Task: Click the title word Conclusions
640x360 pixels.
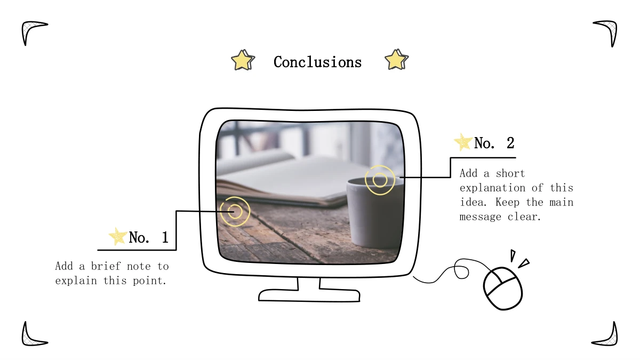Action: (x=317, y=62)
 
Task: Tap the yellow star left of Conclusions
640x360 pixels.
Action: (x=243, y=60)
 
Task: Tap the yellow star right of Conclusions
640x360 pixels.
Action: (x=396, y=59)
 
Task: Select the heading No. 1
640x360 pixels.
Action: (x=148, y=237)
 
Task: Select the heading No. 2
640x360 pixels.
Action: (x=494, y=143)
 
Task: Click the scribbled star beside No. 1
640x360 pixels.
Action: (x=118, y=237)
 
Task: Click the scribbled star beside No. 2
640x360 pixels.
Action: (x=463, y=142)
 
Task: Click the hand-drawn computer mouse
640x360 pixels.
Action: (x=503, y=288)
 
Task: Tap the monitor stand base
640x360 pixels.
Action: (x=309, y=295)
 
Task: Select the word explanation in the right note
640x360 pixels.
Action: (x=492, y=188)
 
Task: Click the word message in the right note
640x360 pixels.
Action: (x=481, y=217)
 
